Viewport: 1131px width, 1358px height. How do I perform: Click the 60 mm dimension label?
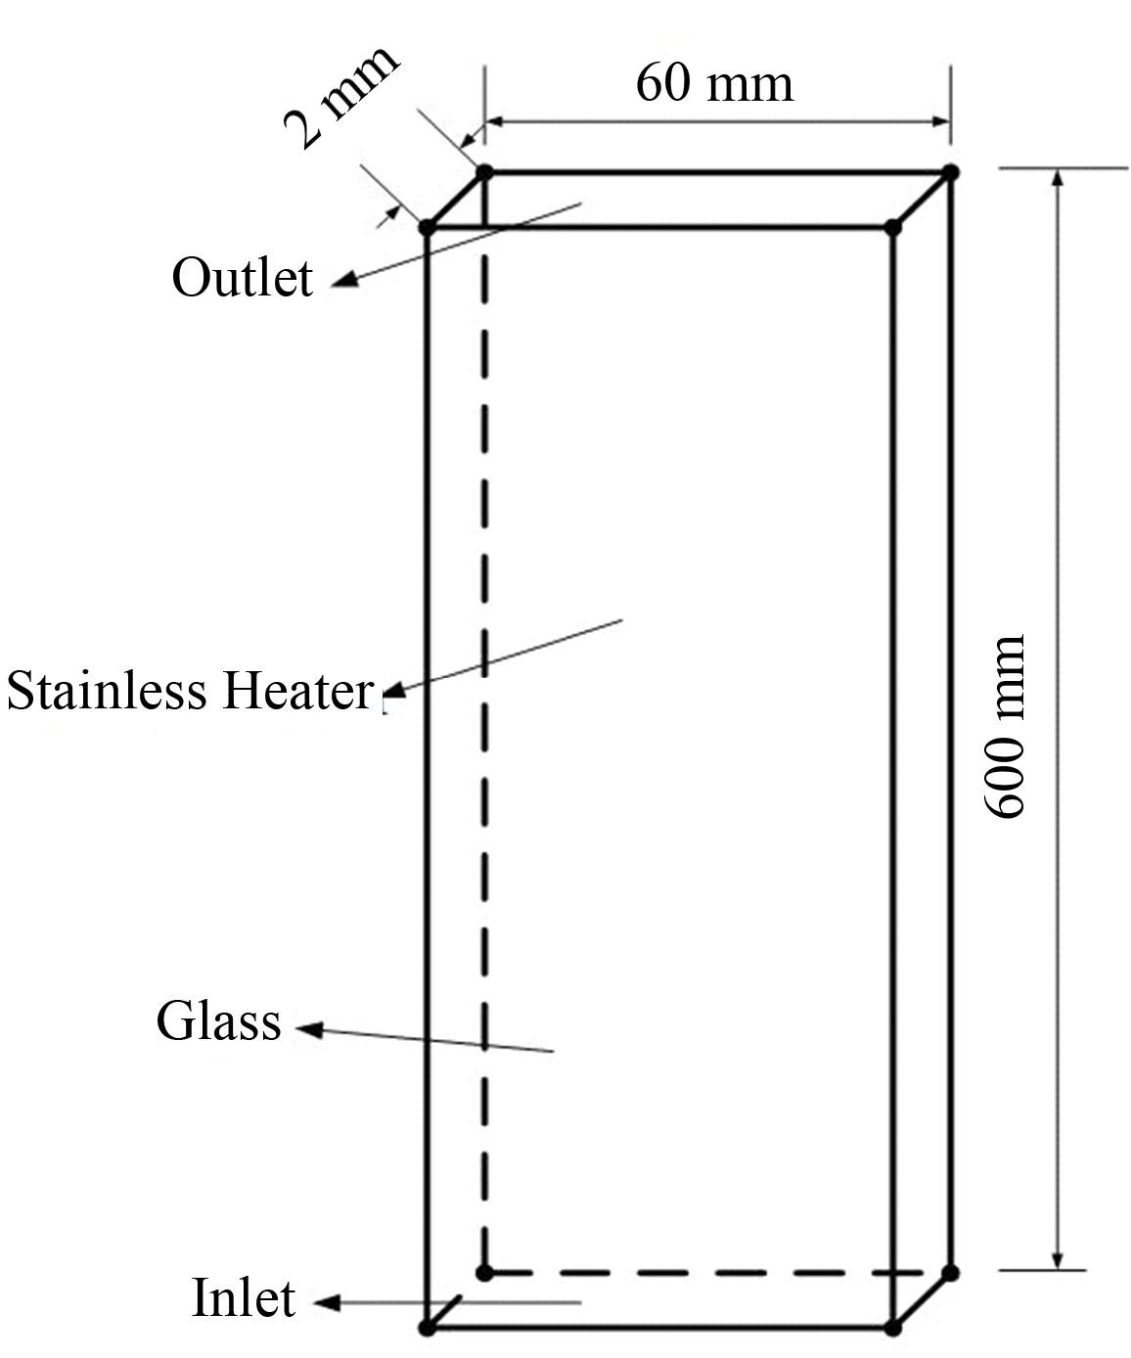point(713,82)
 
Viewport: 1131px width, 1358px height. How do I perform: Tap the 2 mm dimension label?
point(340,96)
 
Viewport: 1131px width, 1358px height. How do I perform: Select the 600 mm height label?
point(1005,726)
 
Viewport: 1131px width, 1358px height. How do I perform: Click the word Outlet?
point(242,278)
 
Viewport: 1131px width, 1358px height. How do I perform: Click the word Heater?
point(295,691)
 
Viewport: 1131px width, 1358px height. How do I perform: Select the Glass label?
point(218,1022)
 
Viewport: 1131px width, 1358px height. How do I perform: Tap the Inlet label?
point(243,1299)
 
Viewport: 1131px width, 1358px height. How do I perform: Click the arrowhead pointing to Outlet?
point(342,284)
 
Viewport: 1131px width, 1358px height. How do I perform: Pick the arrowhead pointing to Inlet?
point(325,1303)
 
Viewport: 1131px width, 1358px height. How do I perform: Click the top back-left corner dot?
point(484,172)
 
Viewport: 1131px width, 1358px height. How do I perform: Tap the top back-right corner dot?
point(950,172)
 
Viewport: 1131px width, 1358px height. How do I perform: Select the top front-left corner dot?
point(427,228)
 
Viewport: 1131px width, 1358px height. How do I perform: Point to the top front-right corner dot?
point(892,228)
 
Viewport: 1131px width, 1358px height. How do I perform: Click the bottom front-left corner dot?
point(427,1328)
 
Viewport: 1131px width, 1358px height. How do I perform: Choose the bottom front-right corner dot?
point(892,1328)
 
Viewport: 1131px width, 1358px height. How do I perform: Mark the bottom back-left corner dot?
point(484,1272)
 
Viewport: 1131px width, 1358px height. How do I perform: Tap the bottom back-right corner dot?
point(950,1272)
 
